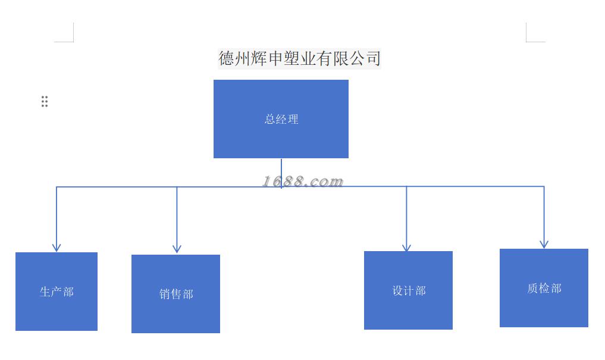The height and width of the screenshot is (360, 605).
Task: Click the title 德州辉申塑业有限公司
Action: pos(299,58)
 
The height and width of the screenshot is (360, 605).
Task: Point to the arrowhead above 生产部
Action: pos(57,247)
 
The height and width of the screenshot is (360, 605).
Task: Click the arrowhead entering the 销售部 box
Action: pos(177,249)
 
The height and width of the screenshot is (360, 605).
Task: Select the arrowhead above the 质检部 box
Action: pos(544,243)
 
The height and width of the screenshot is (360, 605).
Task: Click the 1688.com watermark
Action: pos(303,181)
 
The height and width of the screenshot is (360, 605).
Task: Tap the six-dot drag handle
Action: pos(45,101)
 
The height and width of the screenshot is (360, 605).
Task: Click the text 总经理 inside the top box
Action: pos(281,119)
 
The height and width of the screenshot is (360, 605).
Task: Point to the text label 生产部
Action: pos(57,292)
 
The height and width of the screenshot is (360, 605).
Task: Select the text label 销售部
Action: pos(176,294)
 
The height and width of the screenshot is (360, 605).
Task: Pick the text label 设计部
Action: pos(409,290)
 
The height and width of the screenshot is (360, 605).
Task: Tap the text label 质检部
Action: pos(544,288)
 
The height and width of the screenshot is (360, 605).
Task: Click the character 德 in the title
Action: pos(227,58)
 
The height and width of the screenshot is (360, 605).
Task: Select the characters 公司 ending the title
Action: pos(365,58)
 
